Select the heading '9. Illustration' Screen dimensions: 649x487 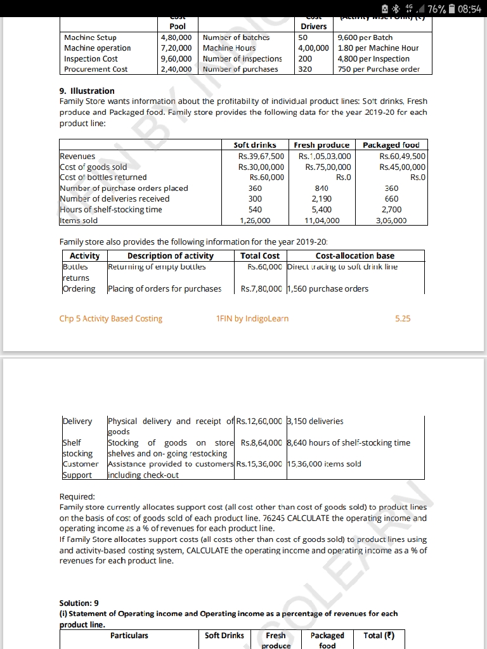[x=87, y=91]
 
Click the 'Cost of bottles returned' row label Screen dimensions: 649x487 [x=103, y=177]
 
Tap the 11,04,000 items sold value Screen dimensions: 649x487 [x=322, y=221]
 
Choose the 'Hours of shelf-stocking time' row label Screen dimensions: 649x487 [x=111, y=210]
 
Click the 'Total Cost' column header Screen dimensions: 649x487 [x=260, y=256]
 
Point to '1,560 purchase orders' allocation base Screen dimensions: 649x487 [x=328, y=289]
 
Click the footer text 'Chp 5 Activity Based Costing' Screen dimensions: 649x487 [x=111, y=319]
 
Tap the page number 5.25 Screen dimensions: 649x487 [x=402, y=319]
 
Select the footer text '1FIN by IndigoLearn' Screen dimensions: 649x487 [x=252, y=319]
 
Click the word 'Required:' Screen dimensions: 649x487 [x=77, y=496]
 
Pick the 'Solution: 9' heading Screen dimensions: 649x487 [x=79, y=603]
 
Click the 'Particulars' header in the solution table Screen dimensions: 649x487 [x=129, y=635]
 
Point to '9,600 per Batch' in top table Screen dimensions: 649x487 [x=367, y=37]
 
